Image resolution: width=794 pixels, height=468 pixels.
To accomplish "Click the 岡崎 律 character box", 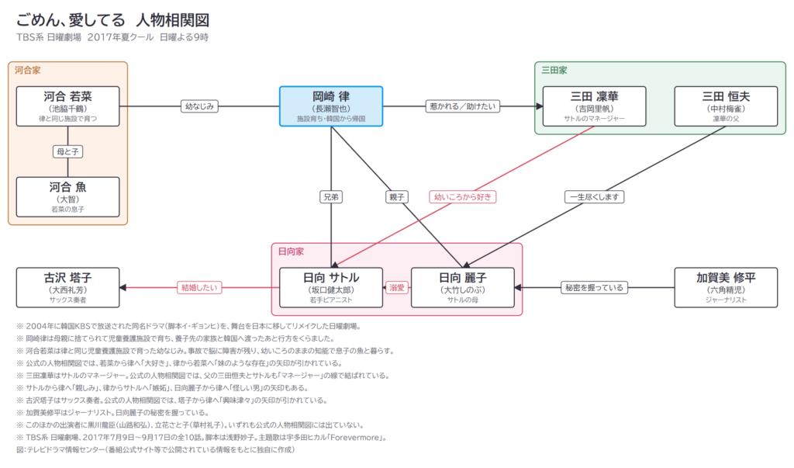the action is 331,106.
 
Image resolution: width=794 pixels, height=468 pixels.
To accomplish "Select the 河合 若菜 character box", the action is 68,106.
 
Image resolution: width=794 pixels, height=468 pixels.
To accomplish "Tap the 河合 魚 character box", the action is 68,196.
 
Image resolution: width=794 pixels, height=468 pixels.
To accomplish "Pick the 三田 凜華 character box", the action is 595,106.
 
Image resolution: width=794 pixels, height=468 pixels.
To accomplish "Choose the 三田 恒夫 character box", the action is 726,106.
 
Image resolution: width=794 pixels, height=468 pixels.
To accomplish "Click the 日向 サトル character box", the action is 331,287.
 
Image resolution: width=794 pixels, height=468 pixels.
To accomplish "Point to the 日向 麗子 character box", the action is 463,287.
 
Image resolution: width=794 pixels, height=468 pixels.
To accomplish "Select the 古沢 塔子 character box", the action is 68,287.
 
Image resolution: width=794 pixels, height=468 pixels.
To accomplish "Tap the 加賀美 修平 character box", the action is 726,287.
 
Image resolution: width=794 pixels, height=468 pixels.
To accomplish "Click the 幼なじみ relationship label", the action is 199,106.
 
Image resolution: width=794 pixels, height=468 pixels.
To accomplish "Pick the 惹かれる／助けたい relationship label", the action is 463,106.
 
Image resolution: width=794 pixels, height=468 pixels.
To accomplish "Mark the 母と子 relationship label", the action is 68,151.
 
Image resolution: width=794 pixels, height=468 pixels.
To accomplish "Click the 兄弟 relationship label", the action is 331,196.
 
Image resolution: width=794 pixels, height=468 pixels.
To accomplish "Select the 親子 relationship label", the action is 397,196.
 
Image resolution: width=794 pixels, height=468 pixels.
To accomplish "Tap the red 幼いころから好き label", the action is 463,196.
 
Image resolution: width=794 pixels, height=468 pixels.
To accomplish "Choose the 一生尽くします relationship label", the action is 595,196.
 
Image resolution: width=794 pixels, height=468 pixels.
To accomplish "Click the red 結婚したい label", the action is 199,287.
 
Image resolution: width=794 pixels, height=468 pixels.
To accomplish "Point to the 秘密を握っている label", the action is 595,287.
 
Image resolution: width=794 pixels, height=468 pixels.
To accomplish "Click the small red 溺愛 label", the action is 397,287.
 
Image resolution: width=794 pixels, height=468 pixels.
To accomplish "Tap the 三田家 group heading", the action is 554,71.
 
